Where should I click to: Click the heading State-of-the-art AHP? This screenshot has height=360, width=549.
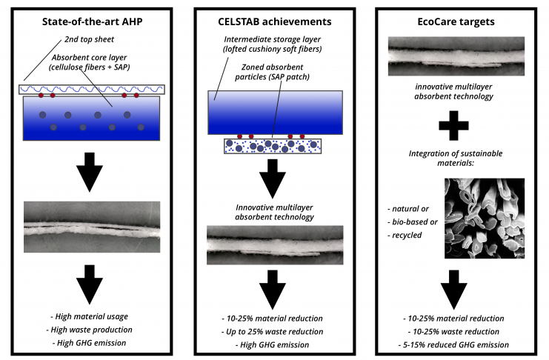coord(92,21)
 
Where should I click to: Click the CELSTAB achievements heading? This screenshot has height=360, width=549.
coord(274,21)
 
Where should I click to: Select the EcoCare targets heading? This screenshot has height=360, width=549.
coord(456,21)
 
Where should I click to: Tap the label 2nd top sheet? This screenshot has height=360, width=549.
coord(90,39)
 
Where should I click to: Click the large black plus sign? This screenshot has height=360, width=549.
coord(453,126)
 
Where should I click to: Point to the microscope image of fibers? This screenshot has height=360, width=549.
coord(485,219)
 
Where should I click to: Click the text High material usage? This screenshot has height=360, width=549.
coord(90,316)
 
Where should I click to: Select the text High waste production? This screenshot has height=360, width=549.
coord(90,330)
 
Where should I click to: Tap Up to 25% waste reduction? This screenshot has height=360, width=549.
coord(272,332)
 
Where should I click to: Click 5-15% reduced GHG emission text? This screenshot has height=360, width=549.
coord(453,345)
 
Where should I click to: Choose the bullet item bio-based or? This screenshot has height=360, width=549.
coord(413,222)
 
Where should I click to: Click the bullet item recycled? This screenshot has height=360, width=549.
coord(405,236)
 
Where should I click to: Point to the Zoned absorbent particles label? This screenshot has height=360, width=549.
coord(272,72)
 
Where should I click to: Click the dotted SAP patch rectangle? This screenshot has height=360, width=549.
coord(273,147)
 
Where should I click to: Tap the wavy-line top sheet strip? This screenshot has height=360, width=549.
coord(92,90)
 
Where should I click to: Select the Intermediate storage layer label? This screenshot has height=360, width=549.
coord(272,44)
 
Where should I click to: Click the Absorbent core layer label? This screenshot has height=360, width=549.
coord(90,62)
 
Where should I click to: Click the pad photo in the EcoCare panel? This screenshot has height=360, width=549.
coord(456,56)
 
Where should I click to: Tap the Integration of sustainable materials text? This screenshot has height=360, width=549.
coord(456,158)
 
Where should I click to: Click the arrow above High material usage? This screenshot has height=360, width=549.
coord(90,284)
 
